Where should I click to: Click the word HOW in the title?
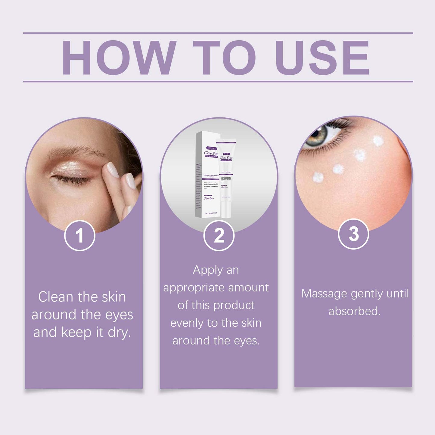[119, 57]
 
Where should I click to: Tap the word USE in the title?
[322, 57]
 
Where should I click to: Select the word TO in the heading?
[224, 57]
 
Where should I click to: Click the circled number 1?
[80, 235]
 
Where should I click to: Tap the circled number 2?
[219, 235]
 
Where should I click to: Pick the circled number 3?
[353, 234]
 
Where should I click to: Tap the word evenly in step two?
[187, 323]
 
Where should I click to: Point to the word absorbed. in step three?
[355, 311]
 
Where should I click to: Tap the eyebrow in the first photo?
[75, 151]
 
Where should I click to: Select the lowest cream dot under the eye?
[318, 178]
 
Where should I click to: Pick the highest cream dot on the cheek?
[378, 141]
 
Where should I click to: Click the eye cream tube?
[226, 178]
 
